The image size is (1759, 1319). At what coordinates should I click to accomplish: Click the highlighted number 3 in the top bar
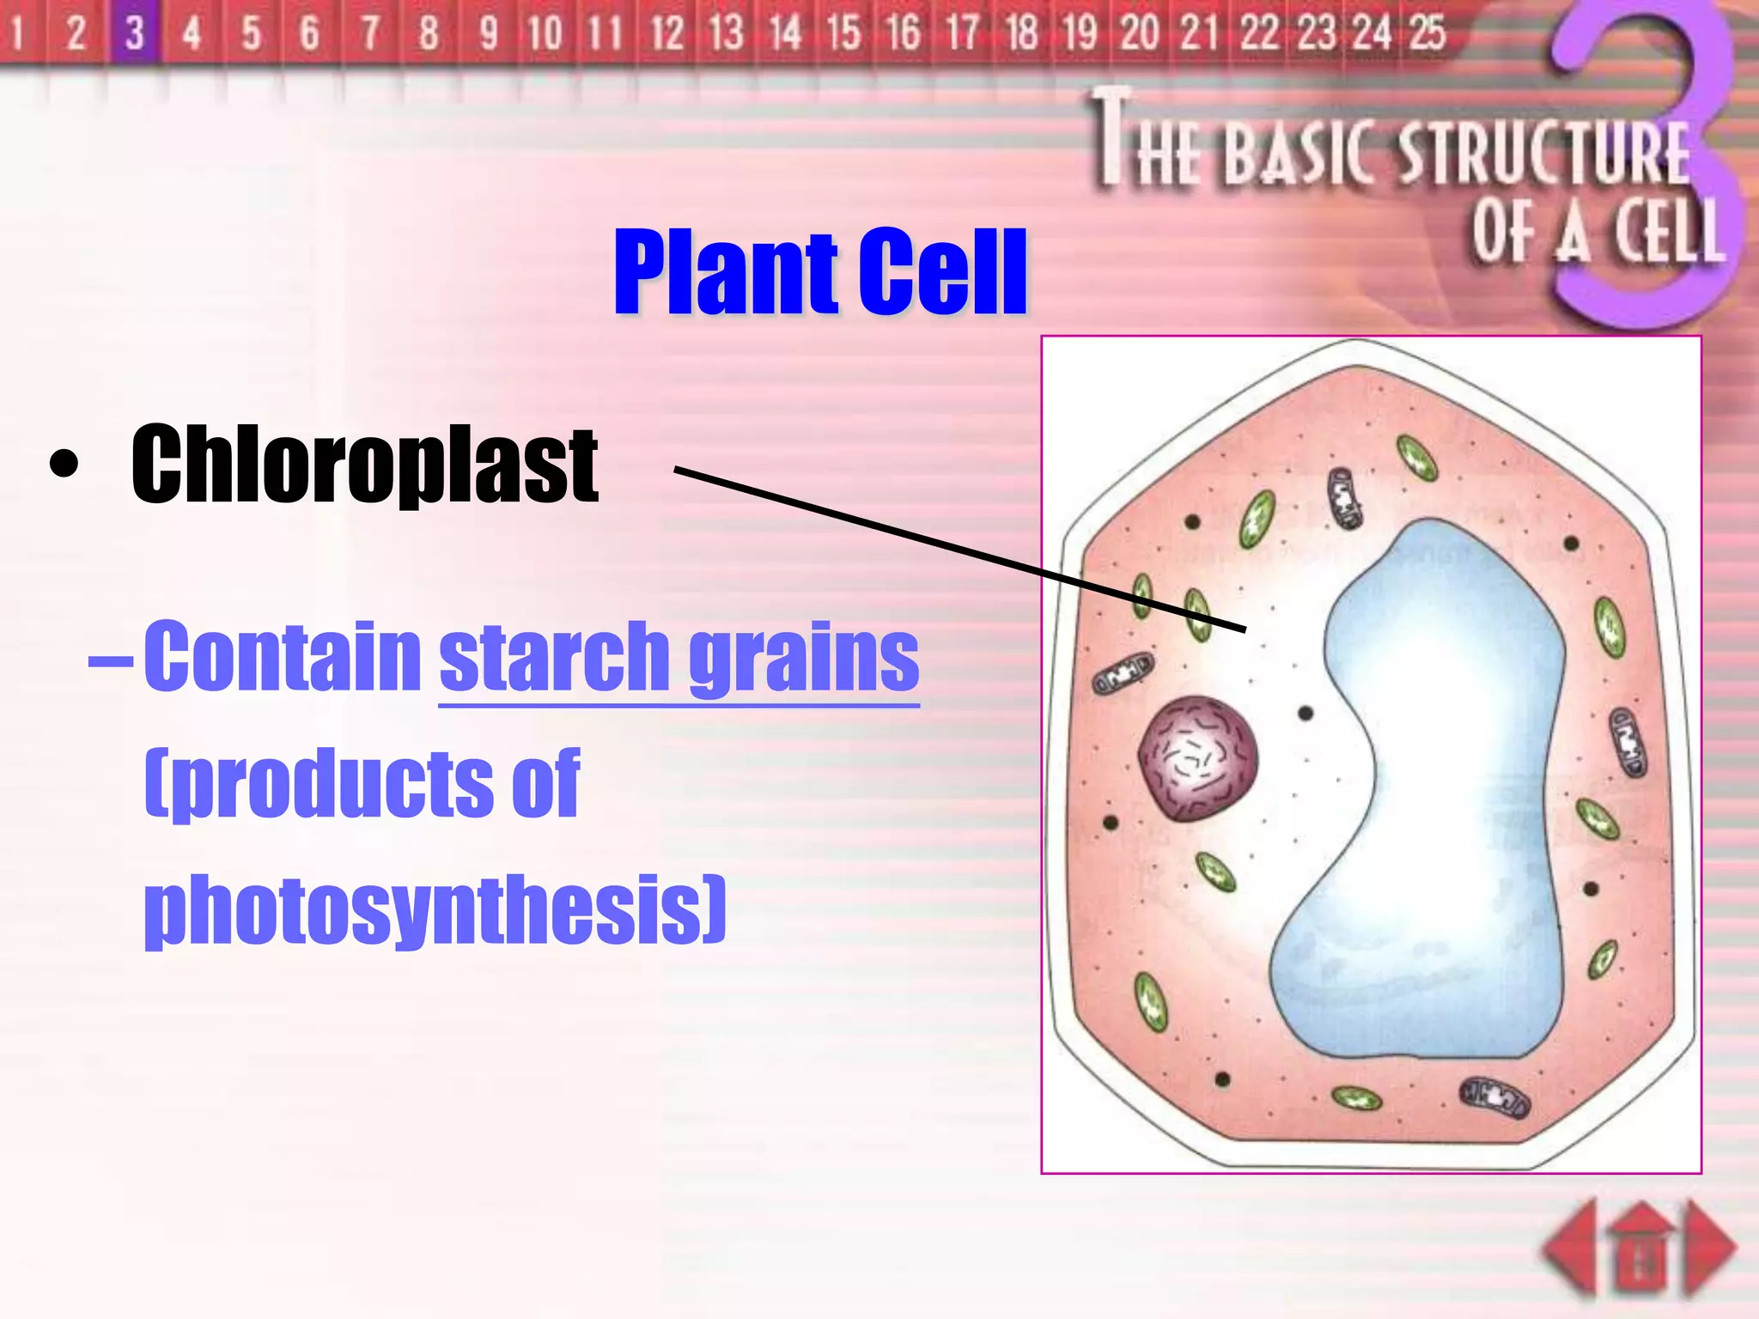134,33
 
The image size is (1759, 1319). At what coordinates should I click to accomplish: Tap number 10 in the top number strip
545,33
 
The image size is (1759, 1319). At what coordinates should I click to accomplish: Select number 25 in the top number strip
1427,33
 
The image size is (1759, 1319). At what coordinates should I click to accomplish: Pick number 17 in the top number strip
962,33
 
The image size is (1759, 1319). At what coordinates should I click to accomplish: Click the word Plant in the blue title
726,273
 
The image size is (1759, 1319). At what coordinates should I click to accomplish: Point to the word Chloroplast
364,465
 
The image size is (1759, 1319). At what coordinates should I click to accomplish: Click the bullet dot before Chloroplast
64,465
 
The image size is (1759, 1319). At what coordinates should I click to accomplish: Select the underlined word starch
554,657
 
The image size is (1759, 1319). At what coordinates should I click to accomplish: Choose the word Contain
283,657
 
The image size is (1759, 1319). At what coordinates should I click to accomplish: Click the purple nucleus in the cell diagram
1197,757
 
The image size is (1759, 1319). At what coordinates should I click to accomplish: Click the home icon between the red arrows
1641,1249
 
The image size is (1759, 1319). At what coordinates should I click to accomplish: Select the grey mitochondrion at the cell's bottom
1495,1097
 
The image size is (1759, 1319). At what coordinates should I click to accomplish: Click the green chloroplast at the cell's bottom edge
1356,1097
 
